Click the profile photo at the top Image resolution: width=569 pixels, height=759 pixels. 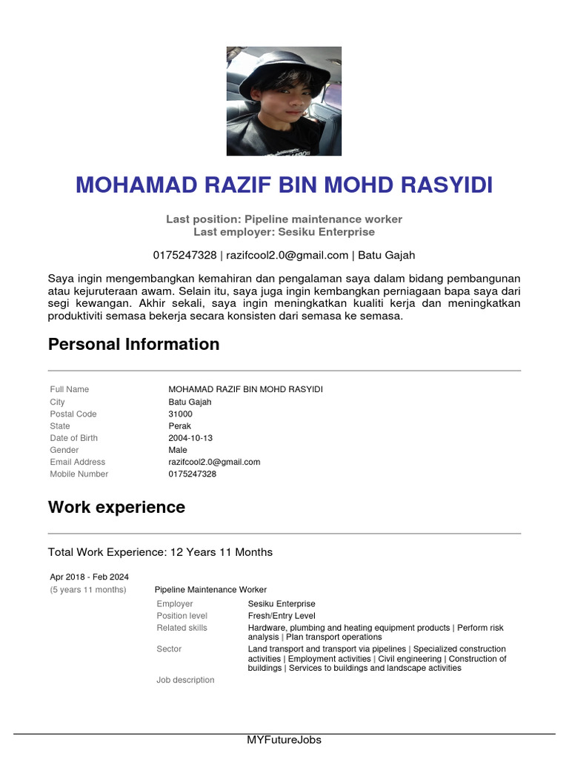tap(284, 102)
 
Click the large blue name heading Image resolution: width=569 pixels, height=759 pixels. tap(284, 185)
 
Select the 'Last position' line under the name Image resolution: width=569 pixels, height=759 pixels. tap(284, 219)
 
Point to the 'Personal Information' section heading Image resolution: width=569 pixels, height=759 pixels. tap(133, 345)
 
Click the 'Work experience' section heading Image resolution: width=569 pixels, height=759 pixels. tap(116, 508)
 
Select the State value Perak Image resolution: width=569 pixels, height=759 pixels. tap(179, 426)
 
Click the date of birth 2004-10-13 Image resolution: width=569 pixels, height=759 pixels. tap(190, 438)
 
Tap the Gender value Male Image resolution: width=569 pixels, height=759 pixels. tap(178, 450)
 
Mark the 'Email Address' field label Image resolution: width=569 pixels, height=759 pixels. tap(78, 462)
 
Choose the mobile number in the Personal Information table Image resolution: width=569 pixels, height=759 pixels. tap(192, 474)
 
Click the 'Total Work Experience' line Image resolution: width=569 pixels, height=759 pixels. tap(160, 552)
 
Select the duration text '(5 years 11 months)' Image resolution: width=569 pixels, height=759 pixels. tap(88, 590)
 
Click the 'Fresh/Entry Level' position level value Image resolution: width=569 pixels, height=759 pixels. tap(282, 616)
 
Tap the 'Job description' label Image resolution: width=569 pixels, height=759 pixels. tap(185, 680)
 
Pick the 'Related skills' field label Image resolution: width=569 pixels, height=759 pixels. tap(182, 628)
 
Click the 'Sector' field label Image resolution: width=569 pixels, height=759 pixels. tap(169, 649)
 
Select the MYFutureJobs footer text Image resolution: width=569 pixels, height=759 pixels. tap(284, 740)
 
